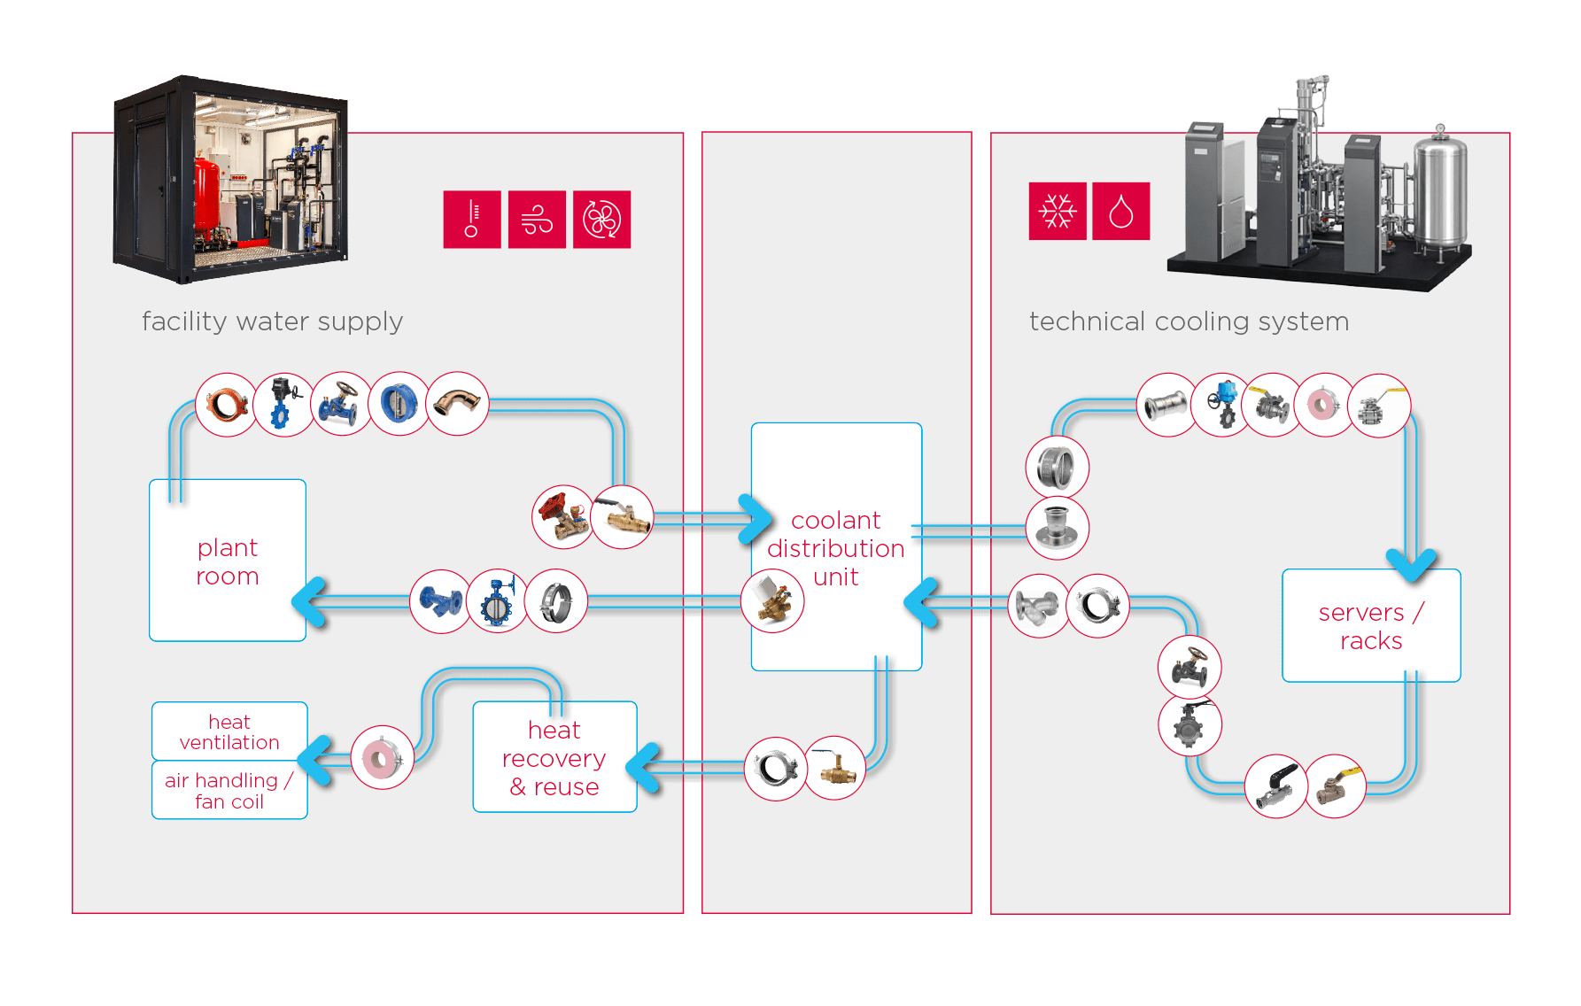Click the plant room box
(x=228, y=560)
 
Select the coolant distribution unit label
(x=835, y=548)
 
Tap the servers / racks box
(x=1371, y=625)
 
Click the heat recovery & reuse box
(x=554, y=757)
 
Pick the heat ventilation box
(x=229, y=731)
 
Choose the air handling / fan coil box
(x=229, y=790)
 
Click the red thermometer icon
(x=472, y=220)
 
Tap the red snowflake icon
(x=1058, y=211)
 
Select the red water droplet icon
(x=1121, y=211)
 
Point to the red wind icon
(x=537, y=220)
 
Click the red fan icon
(x=602, y=220)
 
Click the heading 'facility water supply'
(x=273, y=321)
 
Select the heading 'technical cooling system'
(x=1190, y=321)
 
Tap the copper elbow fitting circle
(x=457, y=404)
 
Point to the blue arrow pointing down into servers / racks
(x=1411, y=563)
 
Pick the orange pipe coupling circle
(x=227, y=405)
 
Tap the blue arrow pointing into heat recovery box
(x=644, y=767)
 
